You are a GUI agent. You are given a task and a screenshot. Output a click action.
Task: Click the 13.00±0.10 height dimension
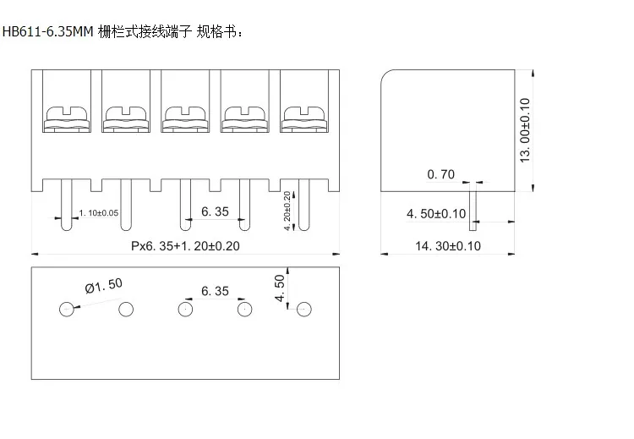[x=525, y=130]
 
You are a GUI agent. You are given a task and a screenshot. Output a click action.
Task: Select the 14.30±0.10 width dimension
[x=448, y=245]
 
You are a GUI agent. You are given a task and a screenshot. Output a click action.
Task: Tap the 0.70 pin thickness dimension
[x=441, y=174]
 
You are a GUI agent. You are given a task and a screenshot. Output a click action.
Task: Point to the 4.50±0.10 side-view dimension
[x=436, y=214]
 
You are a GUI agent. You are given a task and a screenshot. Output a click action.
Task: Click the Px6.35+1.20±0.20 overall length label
[x=186, y=246]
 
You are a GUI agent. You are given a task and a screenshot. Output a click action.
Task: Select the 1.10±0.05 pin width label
[x=98, y=212]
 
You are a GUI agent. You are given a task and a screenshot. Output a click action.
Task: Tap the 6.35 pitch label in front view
[x=215, y=212]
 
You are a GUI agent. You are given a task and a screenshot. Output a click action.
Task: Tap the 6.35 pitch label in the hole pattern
[x=215, y=291]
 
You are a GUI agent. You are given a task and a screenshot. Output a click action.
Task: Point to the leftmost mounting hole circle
[x=67, y=310]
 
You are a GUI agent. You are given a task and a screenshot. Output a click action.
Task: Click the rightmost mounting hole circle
[x=303, y=310]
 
